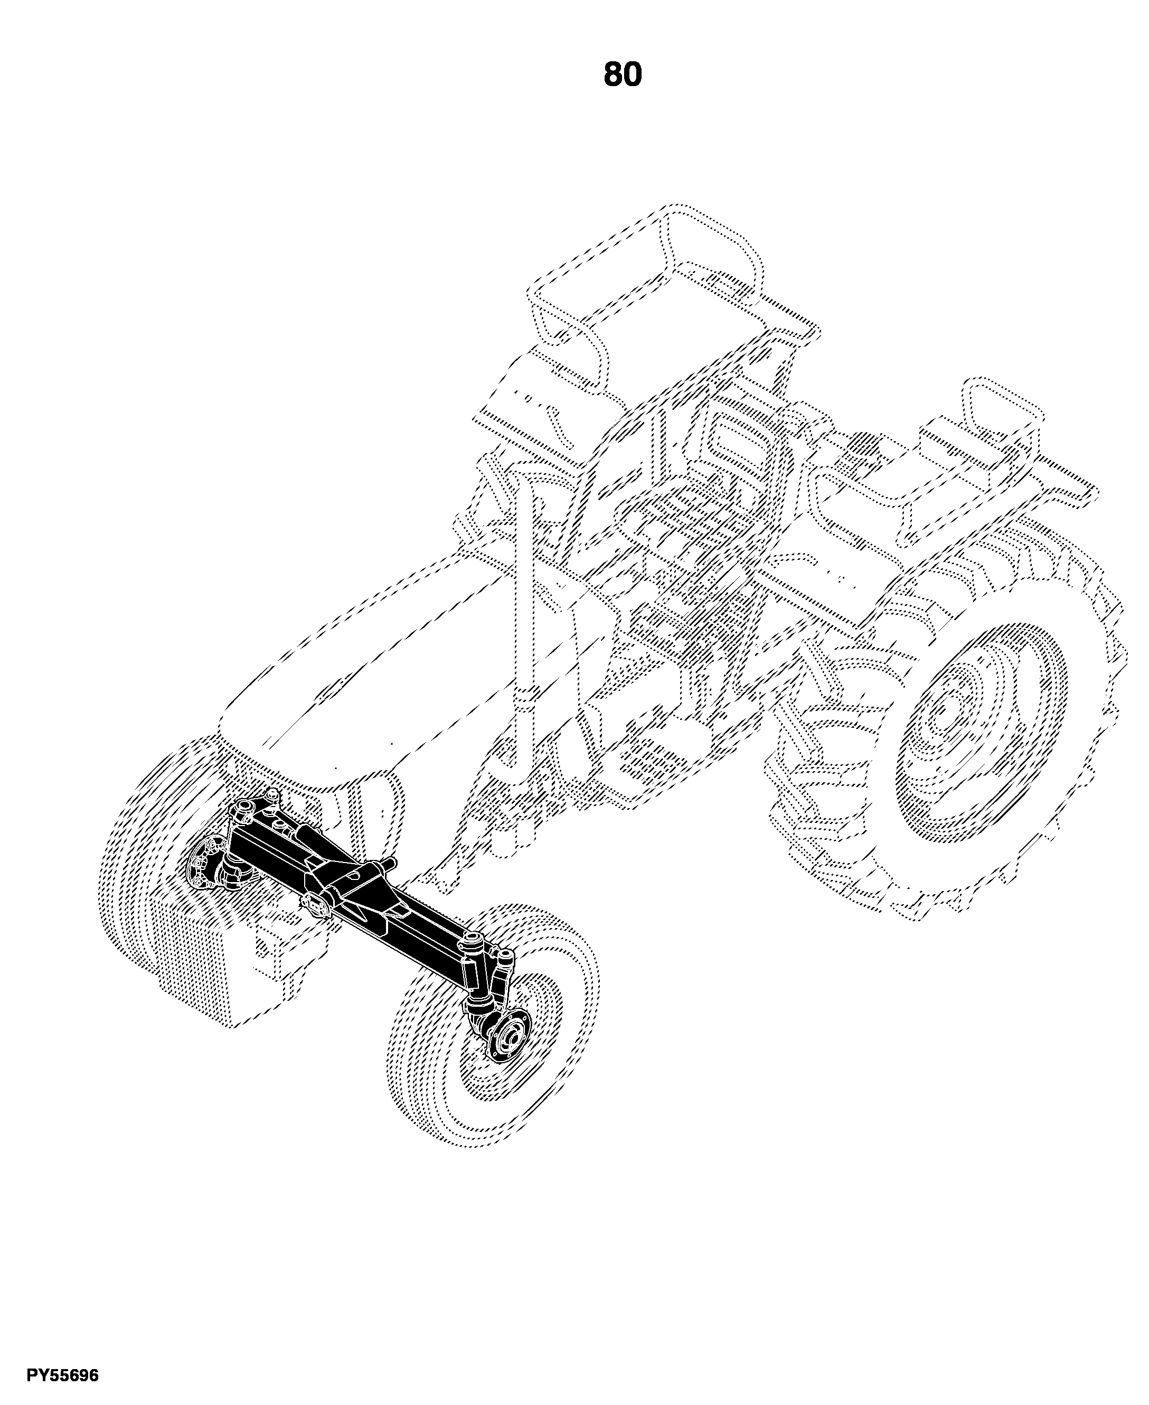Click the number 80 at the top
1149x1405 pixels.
pyautogui.click(x=622, y=74)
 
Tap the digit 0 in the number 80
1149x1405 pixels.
pyautogui.click(x=632, y=74)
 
